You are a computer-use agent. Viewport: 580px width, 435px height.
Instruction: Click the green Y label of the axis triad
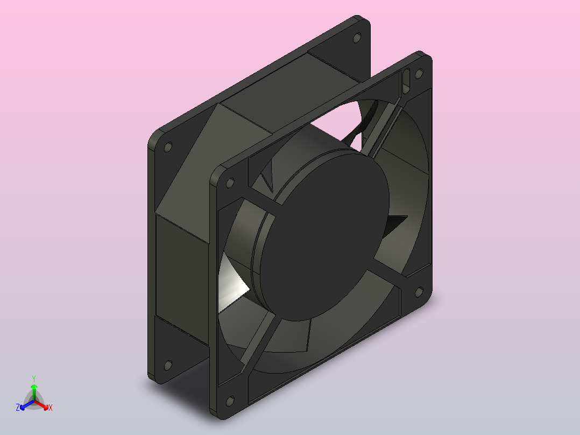(x=34, y=379)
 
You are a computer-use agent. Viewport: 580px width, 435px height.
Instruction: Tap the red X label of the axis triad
(x=51, y=408)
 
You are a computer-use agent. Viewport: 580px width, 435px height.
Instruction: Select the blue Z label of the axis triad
(x=18, y=408)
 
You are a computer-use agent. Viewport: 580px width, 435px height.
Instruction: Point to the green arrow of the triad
(x=34, y=392)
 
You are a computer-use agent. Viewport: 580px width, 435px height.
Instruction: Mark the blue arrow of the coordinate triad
(x=27, y=405)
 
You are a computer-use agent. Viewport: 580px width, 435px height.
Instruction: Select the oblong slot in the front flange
(x=407, y=80)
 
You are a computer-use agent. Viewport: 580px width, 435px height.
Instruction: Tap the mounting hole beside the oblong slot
(x=419, y=74)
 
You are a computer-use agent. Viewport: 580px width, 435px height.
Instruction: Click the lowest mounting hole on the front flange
(x=230, y=401)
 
